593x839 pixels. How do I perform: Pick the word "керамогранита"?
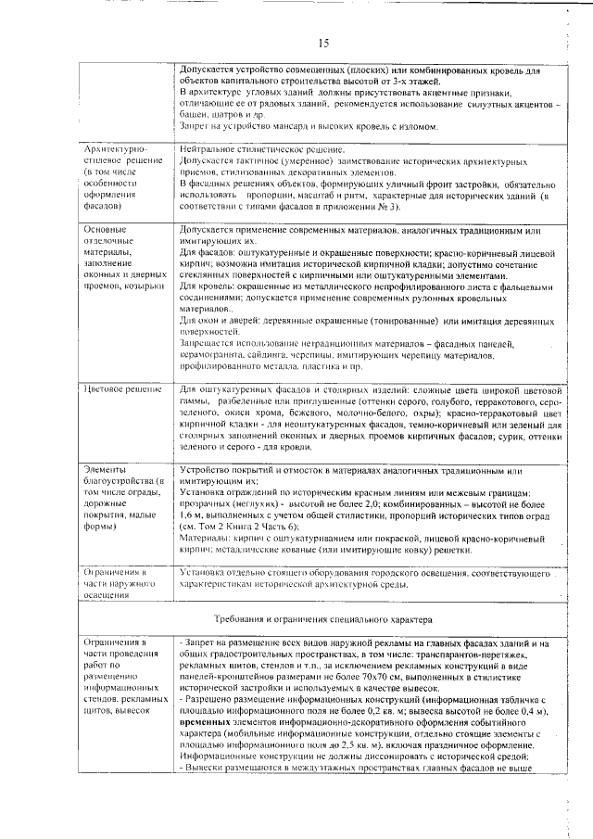[217, 355]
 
